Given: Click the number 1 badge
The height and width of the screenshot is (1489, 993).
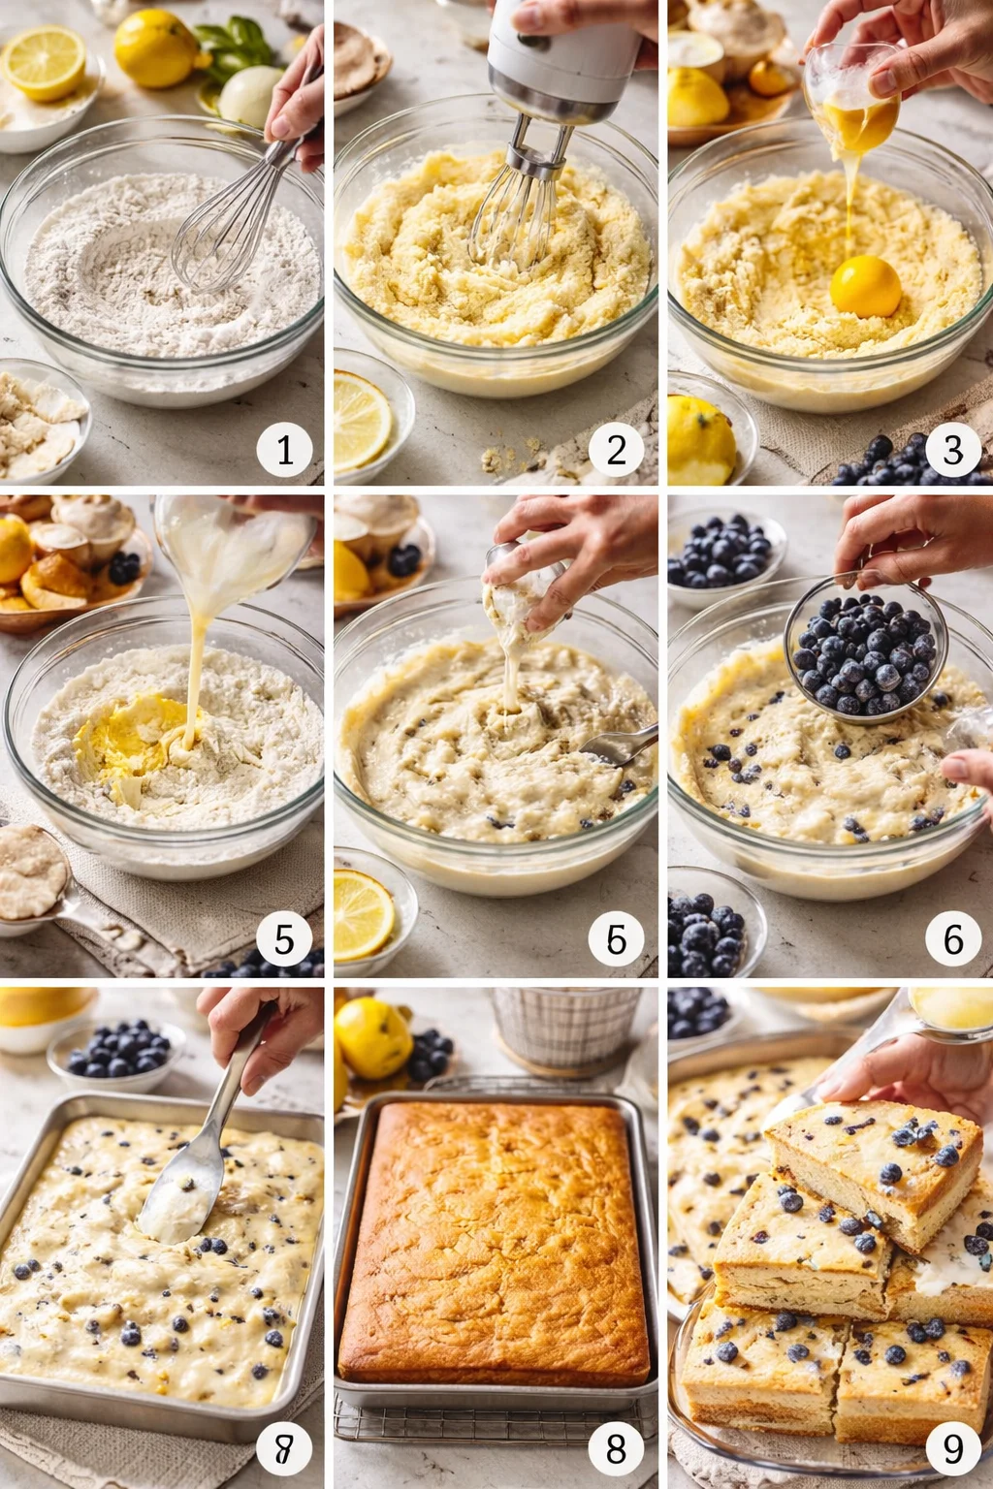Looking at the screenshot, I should (284, 449).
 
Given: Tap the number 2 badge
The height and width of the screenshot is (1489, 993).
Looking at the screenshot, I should (617, 449).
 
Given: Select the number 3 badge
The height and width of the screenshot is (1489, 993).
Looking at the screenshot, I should (953, 449).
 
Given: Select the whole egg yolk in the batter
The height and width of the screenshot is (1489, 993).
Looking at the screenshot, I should (865, 287).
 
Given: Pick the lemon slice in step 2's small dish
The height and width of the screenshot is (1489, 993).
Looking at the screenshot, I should (360, 420).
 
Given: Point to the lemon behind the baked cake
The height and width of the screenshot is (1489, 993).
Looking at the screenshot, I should (373, 1037).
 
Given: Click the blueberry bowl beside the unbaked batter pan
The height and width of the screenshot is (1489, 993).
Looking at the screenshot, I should (116, 1052).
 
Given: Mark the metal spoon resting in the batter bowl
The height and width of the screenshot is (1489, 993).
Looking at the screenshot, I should (621, 746).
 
